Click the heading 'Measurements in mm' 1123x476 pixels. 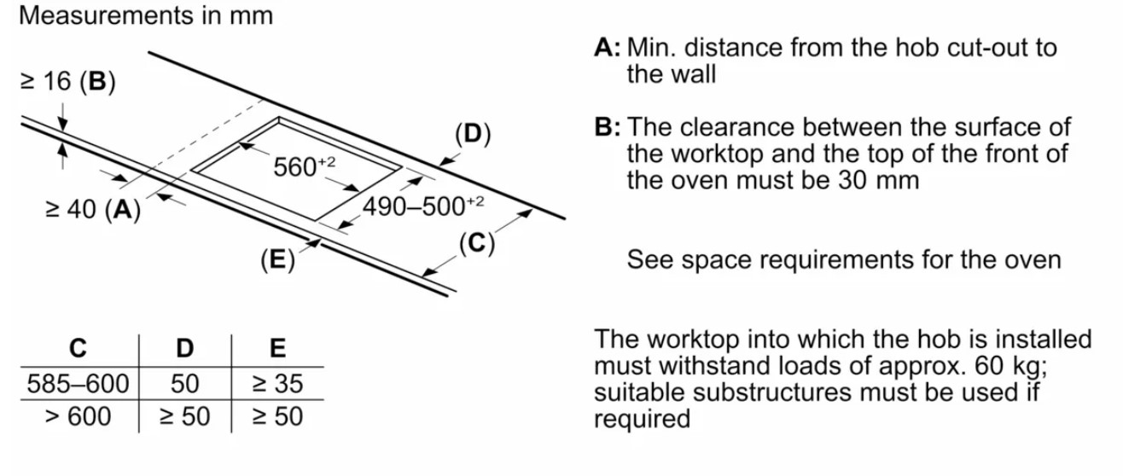(146, 15)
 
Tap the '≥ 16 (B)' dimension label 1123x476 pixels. (68, 81)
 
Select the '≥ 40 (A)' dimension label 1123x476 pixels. (93, 209)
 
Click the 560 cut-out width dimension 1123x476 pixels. (304, 165)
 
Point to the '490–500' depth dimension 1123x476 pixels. (423, 206)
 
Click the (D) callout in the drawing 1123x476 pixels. (473, 134)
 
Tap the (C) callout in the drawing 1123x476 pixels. (477, 243)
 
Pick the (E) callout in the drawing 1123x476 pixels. (277, 259)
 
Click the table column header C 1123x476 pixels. (79, 348)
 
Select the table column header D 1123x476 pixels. (185, 348)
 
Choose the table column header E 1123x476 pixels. (277, 348)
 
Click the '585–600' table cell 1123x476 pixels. (78, 384)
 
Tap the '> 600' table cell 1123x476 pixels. (78, 416)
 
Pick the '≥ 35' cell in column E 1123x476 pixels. (277, 384)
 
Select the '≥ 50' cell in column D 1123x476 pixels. (184, 416)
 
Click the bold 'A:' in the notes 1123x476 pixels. (608, 48)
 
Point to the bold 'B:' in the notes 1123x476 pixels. (608, 127)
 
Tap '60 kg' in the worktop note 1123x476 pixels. (1010, 366)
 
